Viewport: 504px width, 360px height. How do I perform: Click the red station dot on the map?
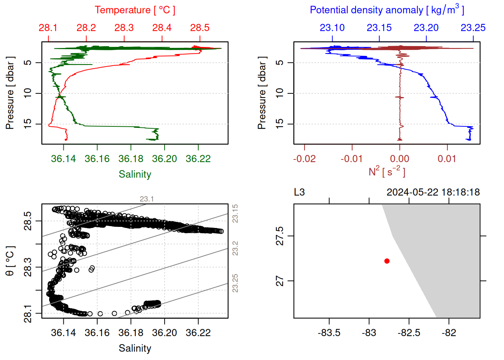(387, 261)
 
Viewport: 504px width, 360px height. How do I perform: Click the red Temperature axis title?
(135, 10)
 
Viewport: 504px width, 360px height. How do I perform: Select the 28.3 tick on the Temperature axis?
(124, 28)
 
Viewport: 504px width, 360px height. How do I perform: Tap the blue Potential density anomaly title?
(387, 10)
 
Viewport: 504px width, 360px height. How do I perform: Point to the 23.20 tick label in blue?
(426, 28)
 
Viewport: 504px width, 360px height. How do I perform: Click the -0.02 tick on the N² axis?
(304, 159)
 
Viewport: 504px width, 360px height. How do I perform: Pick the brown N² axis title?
(387, 171)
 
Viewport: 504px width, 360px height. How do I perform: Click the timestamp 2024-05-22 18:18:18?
(433, 192)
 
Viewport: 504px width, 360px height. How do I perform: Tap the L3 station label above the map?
(299, 192)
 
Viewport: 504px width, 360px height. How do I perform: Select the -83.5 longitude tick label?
(329, 333)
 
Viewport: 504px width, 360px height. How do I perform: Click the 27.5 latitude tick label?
(280, 236)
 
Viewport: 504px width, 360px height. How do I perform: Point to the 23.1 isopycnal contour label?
(147, 199)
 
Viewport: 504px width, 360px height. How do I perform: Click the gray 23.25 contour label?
(235, 283)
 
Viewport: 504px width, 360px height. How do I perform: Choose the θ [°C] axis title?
(10, 261)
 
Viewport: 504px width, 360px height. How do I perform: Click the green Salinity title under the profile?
(135, 174)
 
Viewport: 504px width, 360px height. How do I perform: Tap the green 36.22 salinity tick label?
(198, 159)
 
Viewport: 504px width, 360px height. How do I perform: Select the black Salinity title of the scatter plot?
(135, 348)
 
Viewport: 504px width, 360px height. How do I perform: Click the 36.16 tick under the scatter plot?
(97, 333)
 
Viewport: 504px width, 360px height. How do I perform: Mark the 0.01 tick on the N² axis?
(447, 159)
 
